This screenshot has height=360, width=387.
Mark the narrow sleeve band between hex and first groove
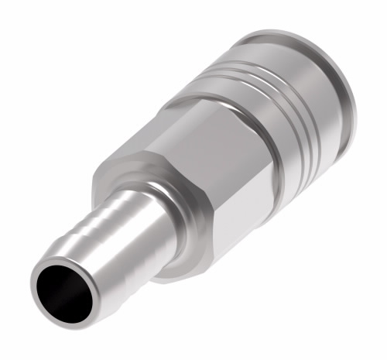[252, 139]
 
